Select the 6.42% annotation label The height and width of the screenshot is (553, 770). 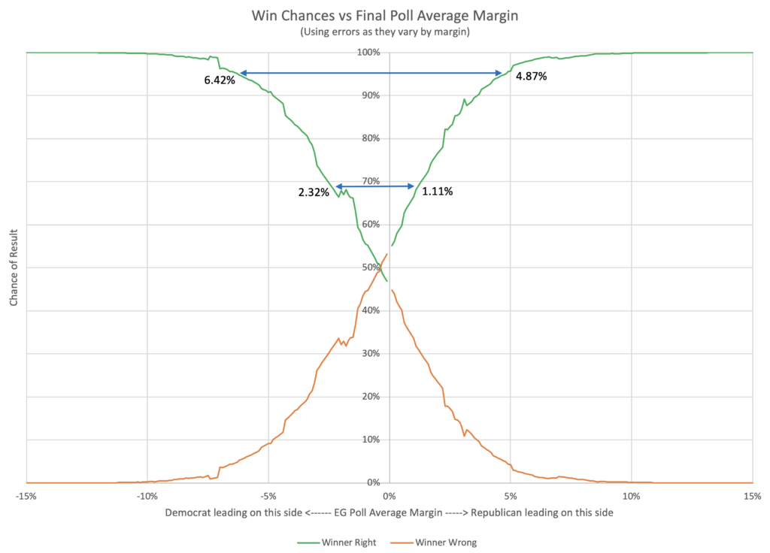coord(220,80)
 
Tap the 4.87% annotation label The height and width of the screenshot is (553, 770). coord(531,76)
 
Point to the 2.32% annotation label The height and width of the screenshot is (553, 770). coord(314,192)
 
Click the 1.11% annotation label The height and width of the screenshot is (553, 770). coord(437,192)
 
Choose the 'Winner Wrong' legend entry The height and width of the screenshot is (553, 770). coord(446,542)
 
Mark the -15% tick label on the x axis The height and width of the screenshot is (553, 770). coord(26,496)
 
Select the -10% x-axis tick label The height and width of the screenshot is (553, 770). coord(147,496)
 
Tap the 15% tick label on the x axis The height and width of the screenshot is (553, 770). coord(751,496)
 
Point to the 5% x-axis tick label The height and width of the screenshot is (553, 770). coord(510,496)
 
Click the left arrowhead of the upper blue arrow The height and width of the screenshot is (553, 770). coord(243,73)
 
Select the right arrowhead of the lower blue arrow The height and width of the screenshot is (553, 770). coord(411,186)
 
